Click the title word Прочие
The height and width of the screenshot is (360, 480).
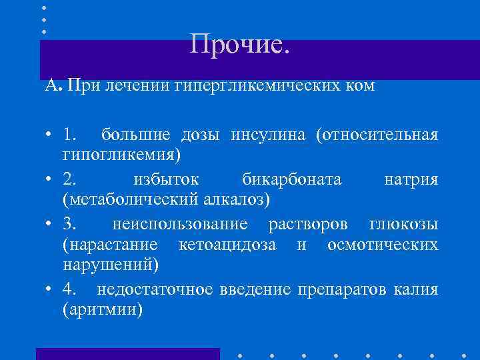point(240,45)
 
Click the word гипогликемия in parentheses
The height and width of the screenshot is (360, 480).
point(121,155)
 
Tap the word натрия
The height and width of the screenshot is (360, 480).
point(411,179)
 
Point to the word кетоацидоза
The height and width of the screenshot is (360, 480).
point(227,245)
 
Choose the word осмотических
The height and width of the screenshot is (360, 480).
point(383,245)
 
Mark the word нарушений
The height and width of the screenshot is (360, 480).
point(111,265)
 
